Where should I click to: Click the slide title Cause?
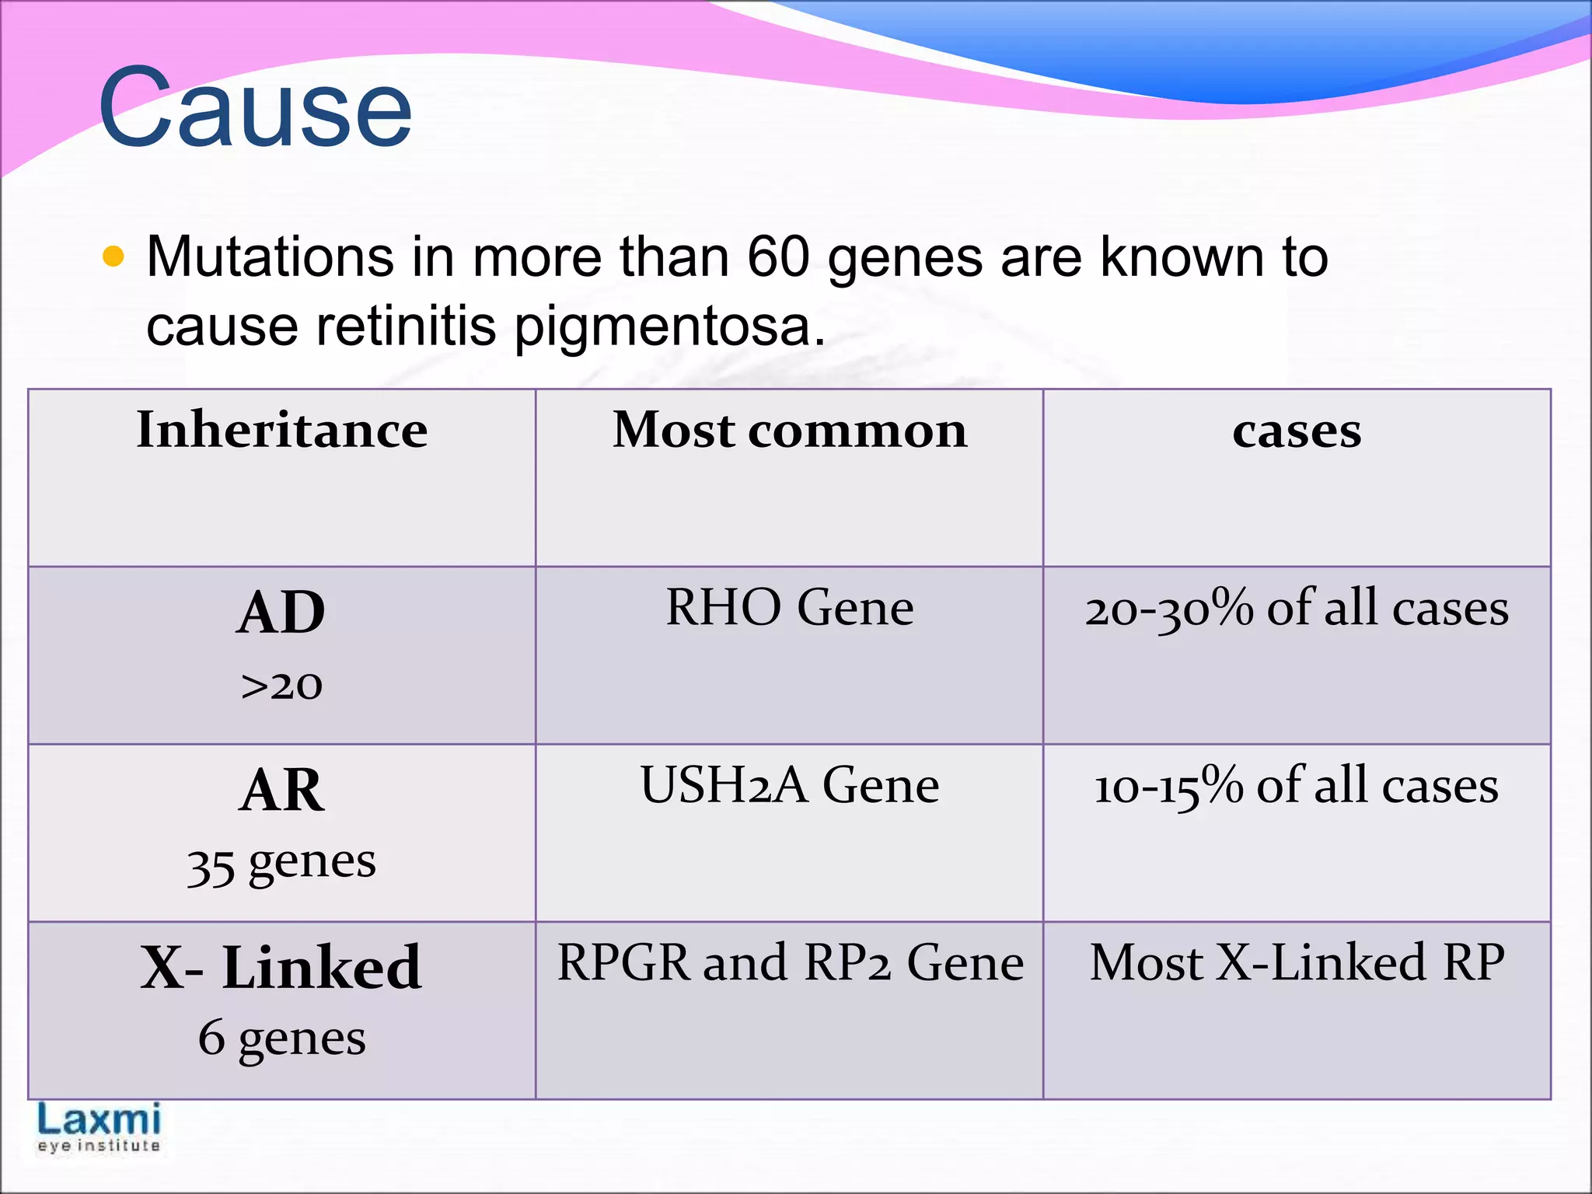(255, 109)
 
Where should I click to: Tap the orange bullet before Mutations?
(113, 257)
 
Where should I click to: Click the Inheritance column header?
(281, 430)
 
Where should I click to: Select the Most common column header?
(790, 430)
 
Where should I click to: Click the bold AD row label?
(281, 613)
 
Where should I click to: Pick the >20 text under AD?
(281, 686)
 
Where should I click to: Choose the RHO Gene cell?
(790, 607)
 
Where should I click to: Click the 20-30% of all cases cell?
(1297, 609)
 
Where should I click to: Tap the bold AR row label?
(281, 790)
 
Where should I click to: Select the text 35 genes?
(281, 863)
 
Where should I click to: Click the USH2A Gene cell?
(790, 785)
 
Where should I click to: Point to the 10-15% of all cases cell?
(1297, 786)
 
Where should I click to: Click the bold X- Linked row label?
(281, 968)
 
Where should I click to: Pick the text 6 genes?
(281, 1039)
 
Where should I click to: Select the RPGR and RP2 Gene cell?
(790, 963)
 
